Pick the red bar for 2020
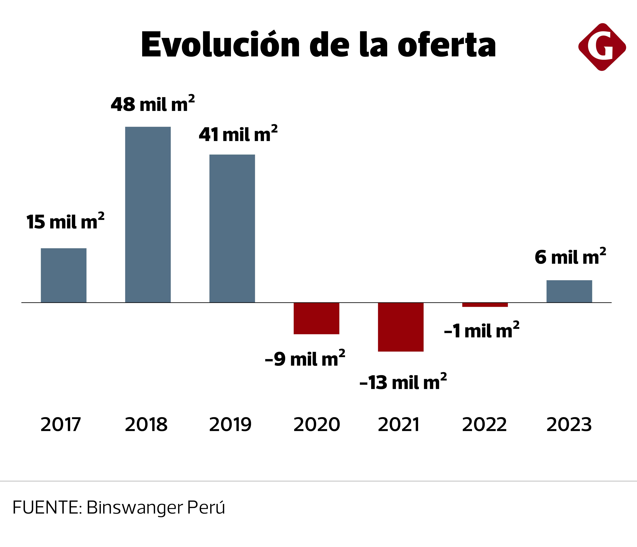316,318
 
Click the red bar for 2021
401,327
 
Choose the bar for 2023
569,291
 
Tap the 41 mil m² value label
238,134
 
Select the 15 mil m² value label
65,222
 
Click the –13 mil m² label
403,382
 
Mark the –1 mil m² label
481,331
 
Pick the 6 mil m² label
570,257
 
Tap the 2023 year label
569,425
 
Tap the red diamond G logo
602,47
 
